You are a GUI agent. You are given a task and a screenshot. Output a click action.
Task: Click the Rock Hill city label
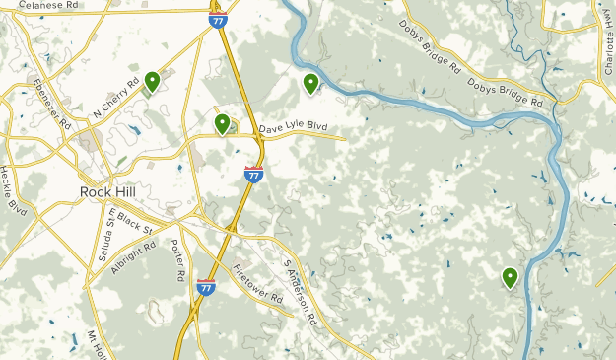[x=107, y=191]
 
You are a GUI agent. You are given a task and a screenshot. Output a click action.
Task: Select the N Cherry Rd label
[x=115, y=100]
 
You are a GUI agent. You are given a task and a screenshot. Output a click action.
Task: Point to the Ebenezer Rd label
[x=49, y=104]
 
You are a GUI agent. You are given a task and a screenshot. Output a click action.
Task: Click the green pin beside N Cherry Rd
[x=152, y=81]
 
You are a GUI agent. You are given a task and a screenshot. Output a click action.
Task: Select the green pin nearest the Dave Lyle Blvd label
[x=223, y=123]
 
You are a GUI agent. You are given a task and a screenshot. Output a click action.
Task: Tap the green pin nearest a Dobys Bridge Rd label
[x=310, y=84]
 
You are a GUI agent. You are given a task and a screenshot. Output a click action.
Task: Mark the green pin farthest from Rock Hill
[x=510, y=277]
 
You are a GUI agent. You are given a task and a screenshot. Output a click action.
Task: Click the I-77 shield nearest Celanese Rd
[x=217, y=18]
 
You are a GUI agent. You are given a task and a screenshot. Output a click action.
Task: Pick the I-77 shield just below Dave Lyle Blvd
[x=253, y=175]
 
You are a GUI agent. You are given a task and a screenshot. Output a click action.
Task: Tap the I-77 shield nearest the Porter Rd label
[x=206, y=286]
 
